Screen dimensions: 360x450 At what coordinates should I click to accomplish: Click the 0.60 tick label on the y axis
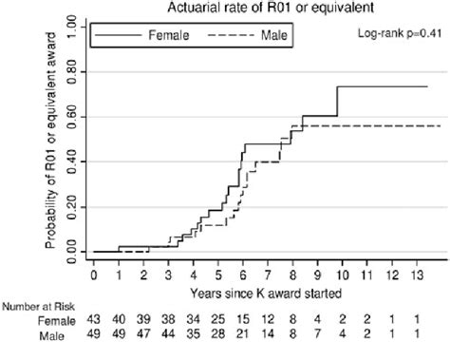point(66,117)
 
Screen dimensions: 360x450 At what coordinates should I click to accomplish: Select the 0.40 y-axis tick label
point(66,161)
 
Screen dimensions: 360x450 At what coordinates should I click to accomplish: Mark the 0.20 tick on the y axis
point(66,207)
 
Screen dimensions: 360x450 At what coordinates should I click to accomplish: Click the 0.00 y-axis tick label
point(66,252)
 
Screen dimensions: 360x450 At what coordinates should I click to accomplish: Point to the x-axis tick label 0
point(94,275)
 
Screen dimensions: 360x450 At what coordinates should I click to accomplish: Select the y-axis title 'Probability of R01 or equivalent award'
point(47,157)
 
